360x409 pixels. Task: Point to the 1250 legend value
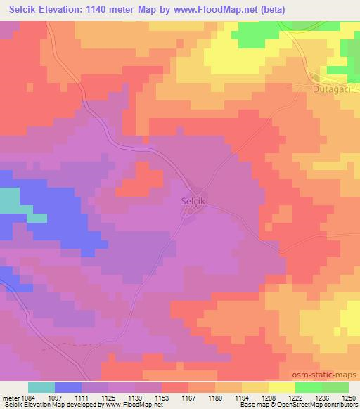pyautogui.click(x=349, y=398)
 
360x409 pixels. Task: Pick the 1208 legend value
pyautogui.click(x=269, y=398)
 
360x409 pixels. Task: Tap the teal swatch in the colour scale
pyautogui.click(x=41, y=387)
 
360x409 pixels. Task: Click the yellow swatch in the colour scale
pyautogui.click(x=281, y=387)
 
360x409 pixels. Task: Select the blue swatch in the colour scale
pyautogui.click(x=68, y=387)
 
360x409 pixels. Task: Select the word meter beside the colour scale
pyautogui.click(x=11, y=398)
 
